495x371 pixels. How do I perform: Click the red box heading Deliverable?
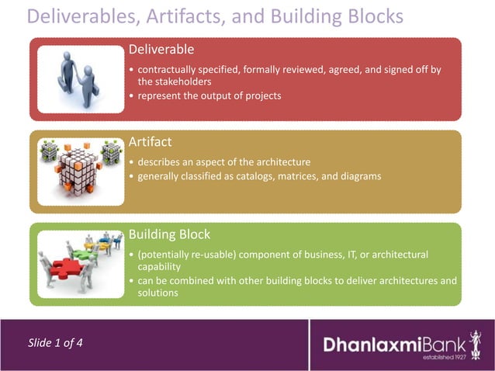click(x=161, y=50)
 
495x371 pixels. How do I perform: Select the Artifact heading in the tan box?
click(x=150, y=141)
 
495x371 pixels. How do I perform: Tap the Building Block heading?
click(x=169, y=234)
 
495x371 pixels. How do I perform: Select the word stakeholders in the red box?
click(x=175, y=81)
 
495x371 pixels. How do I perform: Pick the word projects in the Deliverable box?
click(x=262, y=95)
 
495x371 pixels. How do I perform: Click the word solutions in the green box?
click(x=158, y=293)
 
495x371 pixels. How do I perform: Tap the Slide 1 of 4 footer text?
click(x=56, y=343)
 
